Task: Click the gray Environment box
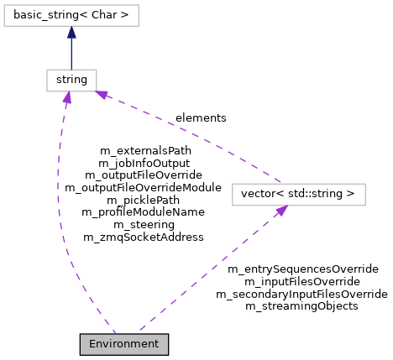[123, 344]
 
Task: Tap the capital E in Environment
[92, 344]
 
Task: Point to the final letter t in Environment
[155, 344]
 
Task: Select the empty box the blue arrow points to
[71, 15]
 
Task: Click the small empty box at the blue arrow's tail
[71, 81]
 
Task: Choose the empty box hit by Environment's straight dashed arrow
[298, 195]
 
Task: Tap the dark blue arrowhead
[71, 32]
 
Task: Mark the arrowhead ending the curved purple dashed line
[67, 97]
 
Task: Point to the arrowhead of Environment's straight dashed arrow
[282, 211]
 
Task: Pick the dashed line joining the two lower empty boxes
[193, 135]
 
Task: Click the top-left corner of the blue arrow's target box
[4, 5]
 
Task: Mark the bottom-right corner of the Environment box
[167, 353]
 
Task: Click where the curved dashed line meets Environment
[115, 334]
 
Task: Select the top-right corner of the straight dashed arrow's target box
[365, 184]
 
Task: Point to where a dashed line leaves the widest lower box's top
[280, 183]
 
